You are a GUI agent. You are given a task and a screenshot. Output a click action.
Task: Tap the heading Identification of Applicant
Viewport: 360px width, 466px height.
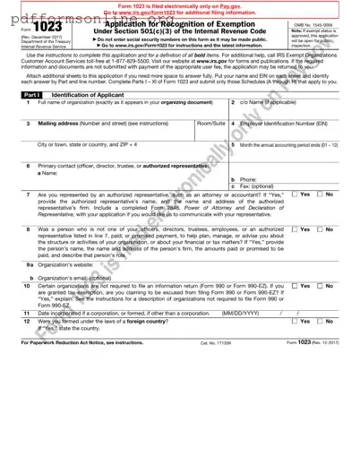tap(85, 94)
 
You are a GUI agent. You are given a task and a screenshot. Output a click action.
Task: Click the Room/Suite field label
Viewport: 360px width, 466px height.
tap(210, 123)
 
